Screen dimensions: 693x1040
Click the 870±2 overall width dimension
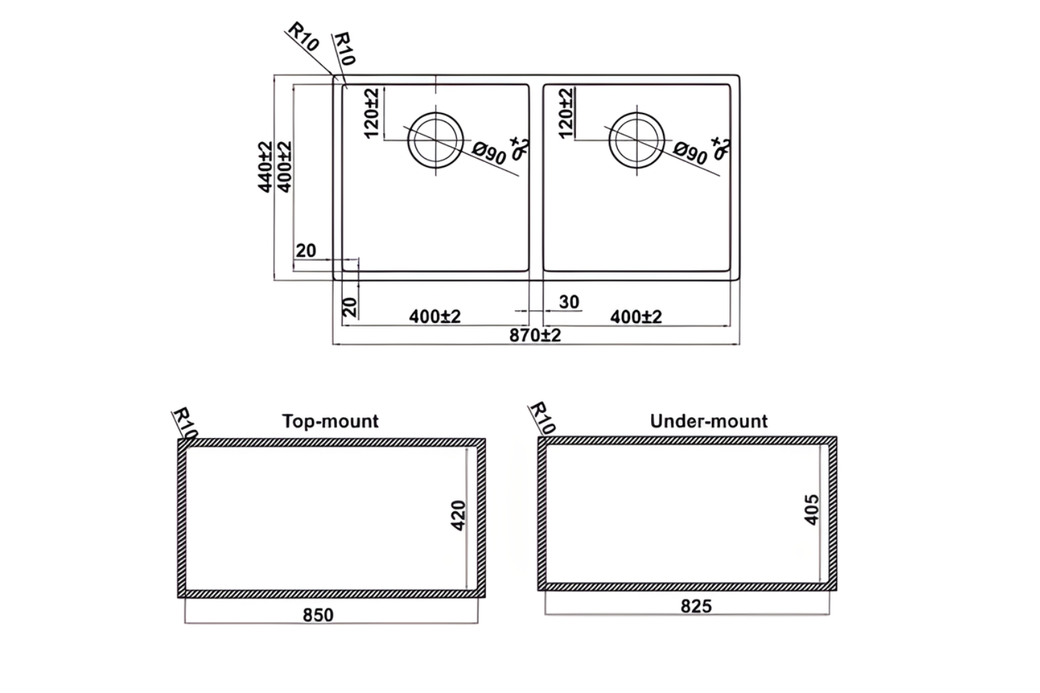(x=535, y=335)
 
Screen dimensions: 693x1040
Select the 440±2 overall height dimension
(x=265, y=167)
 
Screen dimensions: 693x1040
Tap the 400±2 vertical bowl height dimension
(x=284, y=167)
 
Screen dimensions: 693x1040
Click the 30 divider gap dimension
(x=569, y=302)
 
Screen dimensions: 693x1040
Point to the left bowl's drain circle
(x=435, y=140)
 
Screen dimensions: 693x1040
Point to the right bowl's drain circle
(x=636, y=140)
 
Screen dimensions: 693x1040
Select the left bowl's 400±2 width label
(x=435, y=317)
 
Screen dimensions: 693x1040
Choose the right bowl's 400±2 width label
(x=636, y=317)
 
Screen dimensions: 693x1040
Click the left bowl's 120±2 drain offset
(x=371, y=112)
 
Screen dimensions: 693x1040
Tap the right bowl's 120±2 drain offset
(x=566, y=112)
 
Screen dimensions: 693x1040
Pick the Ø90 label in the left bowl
(x=489, y=152)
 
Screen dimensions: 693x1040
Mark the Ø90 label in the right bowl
(x=691, y=152)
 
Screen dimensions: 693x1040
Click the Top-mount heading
(x=331, y=421)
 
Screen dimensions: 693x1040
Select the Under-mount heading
(x=709, y=421)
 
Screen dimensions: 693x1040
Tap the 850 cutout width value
(x=318, y=615)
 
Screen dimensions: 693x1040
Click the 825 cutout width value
(x=696, y=606)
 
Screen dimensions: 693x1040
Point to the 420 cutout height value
(x=458, y=515)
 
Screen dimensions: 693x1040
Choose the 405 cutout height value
(x=812, y=509)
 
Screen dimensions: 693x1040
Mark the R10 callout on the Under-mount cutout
(x=543, y=417)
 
